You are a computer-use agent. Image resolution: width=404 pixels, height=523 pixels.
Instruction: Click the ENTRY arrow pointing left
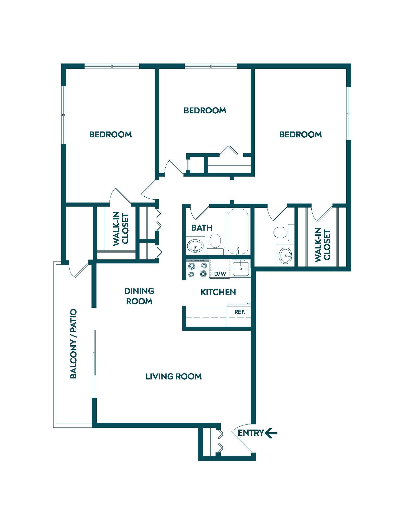271,433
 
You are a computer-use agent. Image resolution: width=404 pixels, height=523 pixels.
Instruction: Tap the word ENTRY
251,433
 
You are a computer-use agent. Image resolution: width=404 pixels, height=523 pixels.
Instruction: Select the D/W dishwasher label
220,274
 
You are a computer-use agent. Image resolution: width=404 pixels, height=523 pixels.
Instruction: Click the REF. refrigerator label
240,312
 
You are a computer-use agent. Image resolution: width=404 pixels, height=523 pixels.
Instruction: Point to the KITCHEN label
218,292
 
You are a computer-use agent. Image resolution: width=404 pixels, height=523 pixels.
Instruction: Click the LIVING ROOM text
174,376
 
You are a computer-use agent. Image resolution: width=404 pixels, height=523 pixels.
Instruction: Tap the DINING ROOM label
139,296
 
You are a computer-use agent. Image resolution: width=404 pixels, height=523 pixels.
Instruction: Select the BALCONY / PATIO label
74,344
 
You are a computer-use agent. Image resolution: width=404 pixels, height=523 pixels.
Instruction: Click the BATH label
202,228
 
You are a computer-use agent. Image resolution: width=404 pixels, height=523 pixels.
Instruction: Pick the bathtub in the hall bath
238,231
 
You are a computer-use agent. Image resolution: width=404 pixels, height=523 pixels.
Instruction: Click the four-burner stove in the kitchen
197,270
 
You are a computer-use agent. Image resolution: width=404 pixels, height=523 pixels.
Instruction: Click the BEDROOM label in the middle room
205,111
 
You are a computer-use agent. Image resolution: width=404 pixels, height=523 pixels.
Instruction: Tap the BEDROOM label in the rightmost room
300,135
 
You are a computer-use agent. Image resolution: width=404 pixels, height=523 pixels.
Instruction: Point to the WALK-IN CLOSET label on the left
121,229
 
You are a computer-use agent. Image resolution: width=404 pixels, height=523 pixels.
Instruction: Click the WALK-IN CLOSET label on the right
322,245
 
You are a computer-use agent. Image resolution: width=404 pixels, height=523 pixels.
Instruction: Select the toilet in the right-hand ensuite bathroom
282,232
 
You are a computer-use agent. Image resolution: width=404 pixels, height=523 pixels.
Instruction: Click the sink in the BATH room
195,246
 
